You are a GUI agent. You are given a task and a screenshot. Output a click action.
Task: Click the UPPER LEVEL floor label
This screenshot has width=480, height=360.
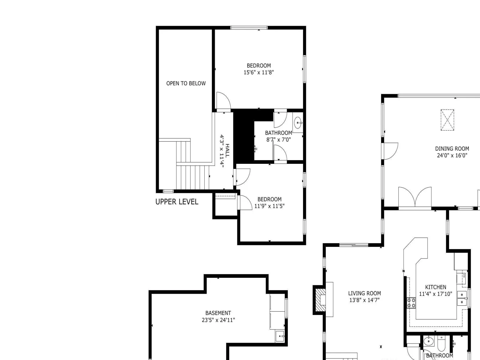point(177,202)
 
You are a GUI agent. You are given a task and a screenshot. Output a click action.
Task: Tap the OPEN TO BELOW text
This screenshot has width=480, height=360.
point(186,83)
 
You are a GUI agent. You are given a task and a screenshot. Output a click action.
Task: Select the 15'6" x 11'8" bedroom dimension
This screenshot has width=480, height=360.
point(259,72)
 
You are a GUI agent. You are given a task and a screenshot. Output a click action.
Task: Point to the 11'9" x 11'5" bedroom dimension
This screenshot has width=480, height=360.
point(269,206)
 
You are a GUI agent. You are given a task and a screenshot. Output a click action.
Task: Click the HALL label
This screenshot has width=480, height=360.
point(227,151)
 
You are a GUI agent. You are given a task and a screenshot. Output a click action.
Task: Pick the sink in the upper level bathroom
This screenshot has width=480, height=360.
point(298,123)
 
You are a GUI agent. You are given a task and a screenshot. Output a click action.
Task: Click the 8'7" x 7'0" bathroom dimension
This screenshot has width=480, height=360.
point(278,139)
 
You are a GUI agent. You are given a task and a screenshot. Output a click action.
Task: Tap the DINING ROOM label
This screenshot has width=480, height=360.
point(452,148)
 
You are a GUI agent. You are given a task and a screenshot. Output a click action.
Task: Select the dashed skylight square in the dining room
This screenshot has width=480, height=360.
point(447,120)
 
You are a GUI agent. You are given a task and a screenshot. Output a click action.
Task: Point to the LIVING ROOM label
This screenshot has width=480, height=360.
point(364,293)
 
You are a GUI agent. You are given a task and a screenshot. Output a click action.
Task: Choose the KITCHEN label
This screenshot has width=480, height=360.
point(436,287)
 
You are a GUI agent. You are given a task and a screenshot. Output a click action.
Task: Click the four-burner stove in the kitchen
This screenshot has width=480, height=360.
point(411,303)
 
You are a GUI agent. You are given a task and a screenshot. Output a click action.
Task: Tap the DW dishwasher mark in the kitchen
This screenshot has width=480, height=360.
point(464,276)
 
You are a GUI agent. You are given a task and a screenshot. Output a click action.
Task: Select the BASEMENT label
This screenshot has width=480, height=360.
point(218,313)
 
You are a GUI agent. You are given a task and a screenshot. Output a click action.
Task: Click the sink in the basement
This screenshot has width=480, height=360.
point(280,336)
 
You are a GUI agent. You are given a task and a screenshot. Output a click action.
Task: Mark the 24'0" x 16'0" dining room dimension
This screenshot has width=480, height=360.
point(452,155)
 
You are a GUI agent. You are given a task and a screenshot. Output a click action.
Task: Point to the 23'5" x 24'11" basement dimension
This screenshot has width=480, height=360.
point(218,320)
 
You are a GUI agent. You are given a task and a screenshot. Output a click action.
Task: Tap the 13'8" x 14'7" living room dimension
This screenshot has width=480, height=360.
point(364,300)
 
